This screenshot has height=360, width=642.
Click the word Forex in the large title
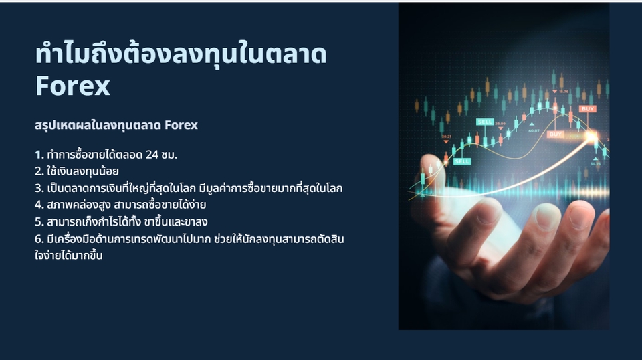click(x=73, y=86)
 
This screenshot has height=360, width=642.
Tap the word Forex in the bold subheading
click(x=181, y=125)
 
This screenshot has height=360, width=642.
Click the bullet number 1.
click(x=38, y=155)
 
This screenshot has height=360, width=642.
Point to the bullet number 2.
click(x=38, y=171)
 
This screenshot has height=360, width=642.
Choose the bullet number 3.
click(x=38, y=188)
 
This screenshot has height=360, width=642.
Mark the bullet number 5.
click(x=38, y=221)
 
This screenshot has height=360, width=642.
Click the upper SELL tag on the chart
click(x=485, y=122)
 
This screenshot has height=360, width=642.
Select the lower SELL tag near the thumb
click(x=462, y=161)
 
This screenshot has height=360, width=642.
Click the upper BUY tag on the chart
click(x=588, y=108)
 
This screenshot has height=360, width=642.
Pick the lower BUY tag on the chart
click(x=556, y=134)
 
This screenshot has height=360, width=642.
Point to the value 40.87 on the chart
click(x=534, y=131)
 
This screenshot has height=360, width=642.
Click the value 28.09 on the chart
click(x=500, y=124)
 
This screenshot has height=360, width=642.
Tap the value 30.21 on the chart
click(x=446, y=137)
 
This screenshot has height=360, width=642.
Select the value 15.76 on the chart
click(x=564, y=91)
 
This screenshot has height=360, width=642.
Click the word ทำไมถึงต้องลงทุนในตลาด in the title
click(x=181, y=54)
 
